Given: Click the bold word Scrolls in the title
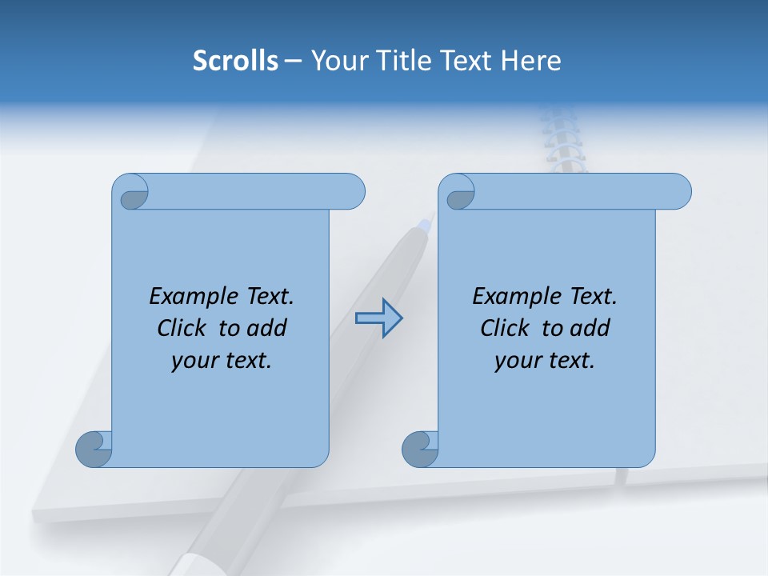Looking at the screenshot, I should tap(235, 61).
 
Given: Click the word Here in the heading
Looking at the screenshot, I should tap(531, 61).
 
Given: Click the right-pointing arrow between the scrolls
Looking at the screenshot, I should tap(378, 318).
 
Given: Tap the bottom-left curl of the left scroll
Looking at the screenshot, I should tap(94, 450).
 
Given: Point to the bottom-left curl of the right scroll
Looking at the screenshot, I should tap(419, 450).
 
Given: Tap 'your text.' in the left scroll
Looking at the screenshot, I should tap(222, 361).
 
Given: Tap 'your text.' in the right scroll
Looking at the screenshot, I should tap(545, 361).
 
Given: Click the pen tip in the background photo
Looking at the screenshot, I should tap(429, 221).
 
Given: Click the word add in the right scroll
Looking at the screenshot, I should tap(590, 329).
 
